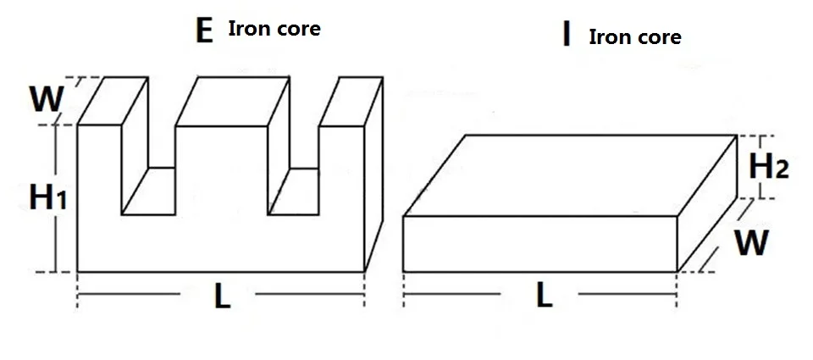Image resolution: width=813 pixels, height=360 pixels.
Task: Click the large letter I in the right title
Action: coord(566,36)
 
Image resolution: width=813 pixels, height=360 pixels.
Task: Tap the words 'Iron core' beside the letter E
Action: coord(274,28)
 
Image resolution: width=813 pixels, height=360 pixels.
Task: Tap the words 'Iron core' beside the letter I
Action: coord(634,37)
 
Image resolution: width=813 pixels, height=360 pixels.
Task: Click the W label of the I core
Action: coord(751,243)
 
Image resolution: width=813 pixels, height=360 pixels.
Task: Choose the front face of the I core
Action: coord(539,244)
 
